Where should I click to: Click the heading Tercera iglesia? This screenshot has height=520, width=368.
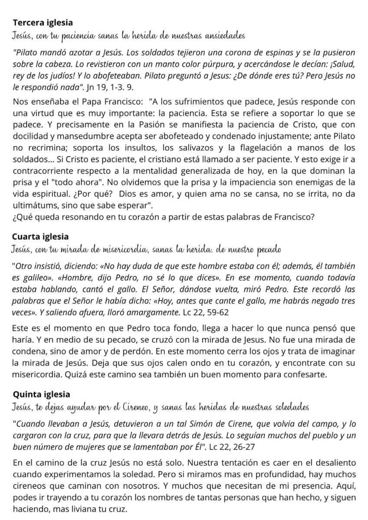[x=43, y=22]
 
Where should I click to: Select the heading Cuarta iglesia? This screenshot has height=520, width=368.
[x=41, y=237]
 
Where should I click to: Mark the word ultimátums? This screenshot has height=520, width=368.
[x=33, y=204]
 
